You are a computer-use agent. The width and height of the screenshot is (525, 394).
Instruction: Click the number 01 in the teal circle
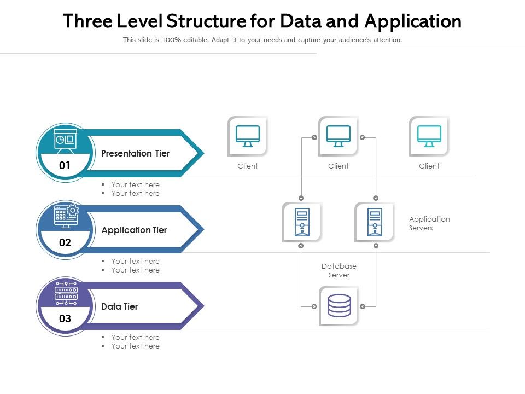click(65, 165)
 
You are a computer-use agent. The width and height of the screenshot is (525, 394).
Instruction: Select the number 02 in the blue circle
click(65, 242)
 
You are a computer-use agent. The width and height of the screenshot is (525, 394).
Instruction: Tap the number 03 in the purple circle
click(65, 319)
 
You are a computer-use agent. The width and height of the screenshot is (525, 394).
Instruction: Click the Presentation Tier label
click(135, 153)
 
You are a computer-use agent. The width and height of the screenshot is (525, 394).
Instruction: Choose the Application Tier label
click(134, 230)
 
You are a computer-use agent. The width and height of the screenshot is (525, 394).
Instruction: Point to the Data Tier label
click(119, 306)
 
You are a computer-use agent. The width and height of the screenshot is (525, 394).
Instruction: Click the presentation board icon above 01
click(66, 141)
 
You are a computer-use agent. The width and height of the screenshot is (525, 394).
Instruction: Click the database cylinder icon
click(339, 306)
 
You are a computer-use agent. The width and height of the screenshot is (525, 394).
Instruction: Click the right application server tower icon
click(375, 222)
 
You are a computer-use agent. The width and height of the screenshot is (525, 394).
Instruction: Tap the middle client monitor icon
click(339, 136)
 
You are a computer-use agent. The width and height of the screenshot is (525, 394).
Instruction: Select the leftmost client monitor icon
click(248, 136)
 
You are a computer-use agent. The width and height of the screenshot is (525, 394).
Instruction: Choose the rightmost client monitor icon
click(429, 136)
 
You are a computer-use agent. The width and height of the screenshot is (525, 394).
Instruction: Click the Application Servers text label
click(429, 223)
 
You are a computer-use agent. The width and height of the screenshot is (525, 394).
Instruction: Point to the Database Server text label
click(339, 270)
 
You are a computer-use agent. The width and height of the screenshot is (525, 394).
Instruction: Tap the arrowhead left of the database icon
click(314, 306)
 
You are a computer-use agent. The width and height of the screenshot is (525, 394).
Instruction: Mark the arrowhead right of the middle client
click(362, 137)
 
